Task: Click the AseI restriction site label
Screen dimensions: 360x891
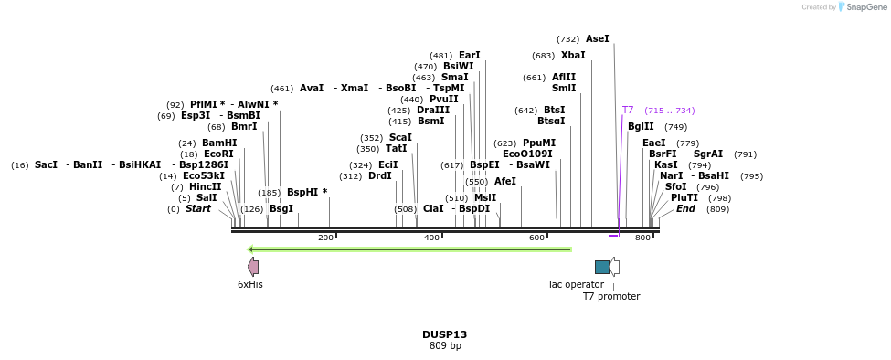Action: (597, 39)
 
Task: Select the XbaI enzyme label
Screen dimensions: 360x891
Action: (573, 55)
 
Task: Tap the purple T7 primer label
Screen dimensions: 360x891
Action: (628, 111)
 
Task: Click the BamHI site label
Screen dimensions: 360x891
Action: (219, 143)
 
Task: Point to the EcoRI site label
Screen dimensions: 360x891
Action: (218, 154)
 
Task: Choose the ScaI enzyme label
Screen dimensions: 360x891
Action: (400, 138)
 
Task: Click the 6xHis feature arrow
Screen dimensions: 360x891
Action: (253, 267)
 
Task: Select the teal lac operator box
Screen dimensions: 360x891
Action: (601, 267)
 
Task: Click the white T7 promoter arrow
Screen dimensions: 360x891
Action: (615, 267)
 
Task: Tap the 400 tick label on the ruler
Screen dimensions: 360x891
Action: (431, 238)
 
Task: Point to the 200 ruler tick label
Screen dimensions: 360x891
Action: (325, 238)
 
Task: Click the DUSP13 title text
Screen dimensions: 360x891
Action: (445, 334)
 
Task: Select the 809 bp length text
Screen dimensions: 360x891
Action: (445, 346)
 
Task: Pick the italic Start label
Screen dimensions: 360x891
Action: (197, 209)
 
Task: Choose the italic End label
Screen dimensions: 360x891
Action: (685, 209)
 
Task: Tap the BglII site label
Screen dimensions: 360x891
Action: (641, 127)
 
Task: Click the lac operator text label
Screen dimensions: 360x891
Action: (576, 284)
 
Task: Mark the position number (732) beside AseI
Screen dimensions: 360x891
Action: (567, 39)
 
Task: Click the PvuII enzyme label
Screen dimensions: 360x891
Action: (443, 99)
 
